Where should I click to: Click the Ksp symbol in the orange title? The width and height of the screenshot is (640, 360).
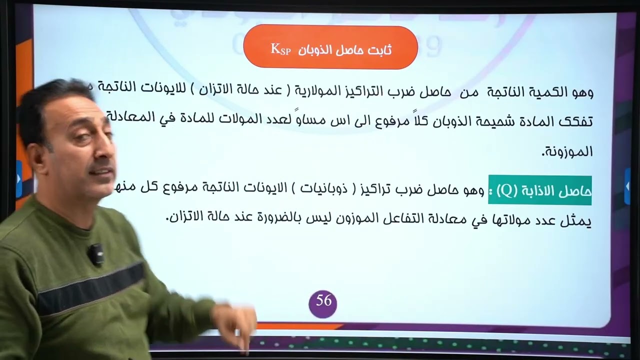pyautogui.click(x=280, y=48)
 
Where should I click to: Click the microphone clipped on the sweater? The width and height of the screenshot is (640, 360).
pyautogui.click(x=95, y=254)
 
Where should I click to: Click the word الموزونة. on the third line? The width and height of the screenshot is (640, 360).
pyautogui.click(x=568, y=151)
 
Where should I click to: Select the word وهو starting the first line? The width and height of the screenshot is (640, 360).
pyautogui.click(x=581, y=92)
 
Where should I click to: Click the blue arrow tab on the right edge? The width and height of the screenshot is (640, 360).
pyautogui.click(x=627, y=186)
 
